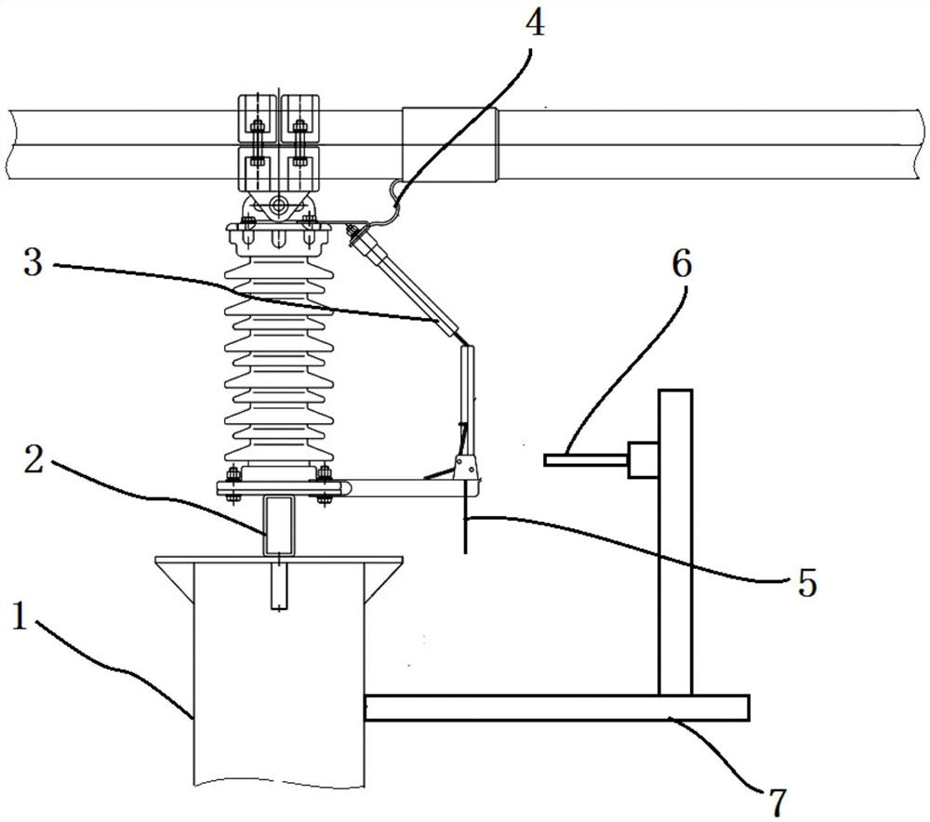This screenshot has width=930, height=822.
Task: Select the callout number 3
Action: pyautogui.click(x=33, y=262)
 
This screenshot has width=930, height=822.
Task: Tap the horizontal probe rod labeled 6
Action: pyautogui.click(x=586, y=459)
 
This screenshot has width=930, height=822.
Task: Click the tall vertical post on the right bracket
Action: pyautogui.click(x=675, y=542)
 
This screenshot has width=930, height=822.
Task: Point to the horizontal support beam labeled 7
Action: pyautogui.click(x=556, y=708)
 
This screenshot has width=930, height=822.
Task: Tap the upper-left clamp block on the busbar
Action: pyautogui.click(x=258, y=119)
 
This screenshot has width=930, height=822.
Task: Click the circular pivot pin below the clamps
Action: pyautogui.click(x=277, y=207)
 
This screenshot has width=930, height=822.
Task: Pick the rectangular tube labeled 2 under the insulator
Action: pyautogui.click(x=278, y=525)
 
